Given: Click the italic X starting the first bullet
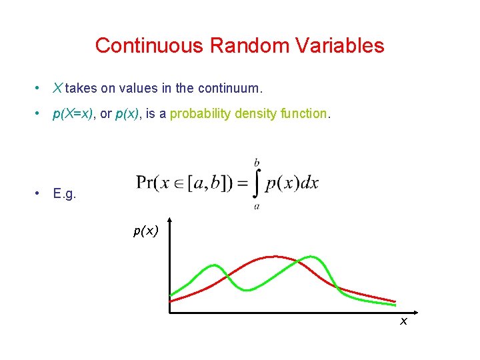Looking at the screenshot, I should pyautogui.click(x=57, y=87).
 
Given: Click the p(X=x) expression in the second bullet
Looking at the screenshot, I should pyautogui.click(x=72, y=114).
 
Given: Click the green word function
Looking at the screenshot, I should pyautogui.click(x=303, y=114).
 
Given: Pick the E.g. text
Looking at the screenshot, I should pyautogui.click(x=65, y=193).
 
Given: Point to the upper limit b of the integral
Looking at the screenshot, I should pyautogui.click(x=257, y=162).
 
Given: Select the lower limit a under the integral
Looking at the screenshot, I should pyautogui.click(x=257, y=207).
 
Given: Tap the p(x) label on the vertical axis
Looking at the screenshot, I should pyautogui.click(x=145, y=231).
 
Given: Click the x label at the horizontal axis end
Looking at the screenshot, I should pyautogui.click(x=403, y=321).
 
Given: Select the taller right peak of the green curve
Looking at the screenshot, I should pyautogui.click(x=310, y=257).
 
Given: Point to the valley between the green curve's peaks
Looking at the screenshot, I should pyautogui.click(x=247, y=289).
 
